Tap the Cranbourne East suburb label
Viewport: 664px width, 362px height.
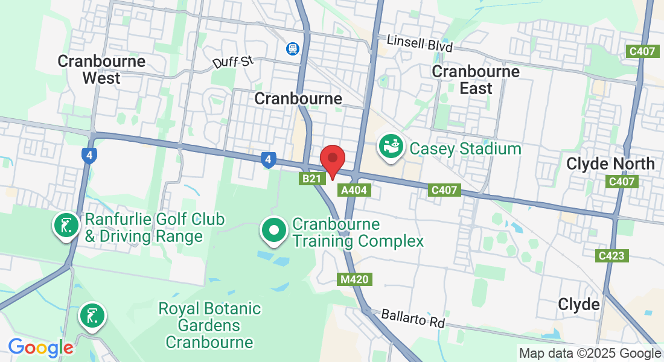click(x=476, y=80)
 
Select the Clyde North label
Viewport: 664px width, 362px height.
click(x=610, y=164)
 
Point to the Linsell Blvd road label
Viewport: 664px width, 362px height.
click(x=419, y=43)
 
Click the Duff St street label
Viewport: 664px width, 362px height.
click(x=232, y=62)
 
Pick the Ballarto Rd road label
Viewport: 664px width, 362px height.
click(x=413, y=319)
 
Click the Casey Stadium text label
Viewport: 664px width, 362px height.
click(x=465, y=148)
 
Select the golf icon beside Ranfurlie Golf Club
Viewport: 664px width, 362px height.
click(x=66, y=226)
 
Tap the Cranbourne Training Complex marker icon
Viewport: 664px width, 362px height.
click(x=274, y=230)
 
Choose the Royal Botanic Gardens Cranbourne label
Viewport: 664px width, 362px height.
click(x=209, y=326)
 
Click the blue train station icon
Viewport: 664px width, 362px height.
click(x=293, y=48)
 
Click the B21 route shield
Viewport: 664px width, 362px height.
click(x=311, y=179)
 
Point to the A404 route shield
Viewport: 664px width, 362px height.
click(x=354, y=190)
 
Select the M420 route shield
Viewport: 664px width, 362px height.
click(x=354, y=279)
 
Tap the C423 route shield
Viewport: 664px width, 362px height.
click(x=611, y=256)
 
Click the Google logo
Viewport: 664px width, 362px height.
click(x=40, y=348)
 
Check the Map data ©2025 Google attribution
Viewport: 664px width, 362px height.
click(x=590, y=354)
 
